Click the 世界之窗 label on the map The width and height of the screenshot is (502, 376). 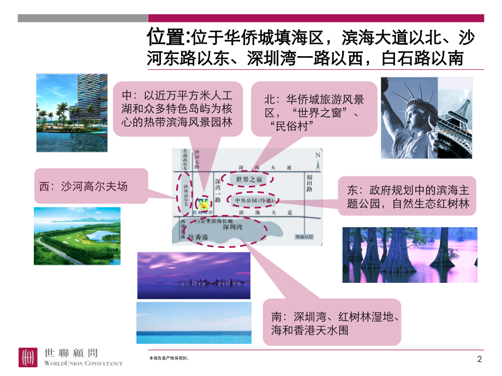pyautogui.click(x=250, y=179)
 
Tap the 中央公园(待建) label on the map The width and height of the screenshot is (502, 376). pyautogui.click(x=255, y=201)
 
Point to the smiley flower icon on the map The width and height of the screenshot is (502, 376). pyautogui.click(x=204, y=205)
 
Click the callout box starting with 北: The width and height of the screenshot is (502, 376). pyautogui.click(x=314, y=108)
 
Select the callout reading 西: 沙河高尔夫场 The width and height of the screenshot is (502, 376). pyautogui.click(x=91, y=186)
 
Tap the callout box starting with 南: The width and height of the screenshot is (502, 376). pyautogui.click(x=332, y=323)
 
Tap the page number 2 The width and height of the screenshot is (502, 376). pyautogui.click(x=480, y=359)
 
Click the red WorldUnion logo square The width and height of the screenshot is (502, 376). pyautogui.click(x=27, y=357)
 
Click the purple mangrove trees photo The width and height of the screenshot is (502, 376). pyautogui.click(x=409, y=254)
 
